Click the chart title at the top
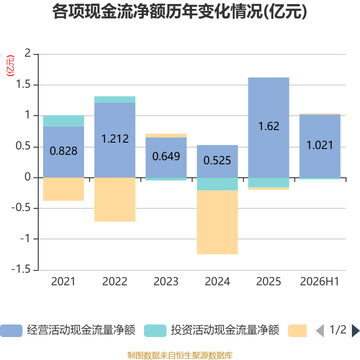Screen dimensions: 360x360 click(180, 12)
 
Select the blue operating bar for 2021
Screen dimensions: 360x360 click(63, 152)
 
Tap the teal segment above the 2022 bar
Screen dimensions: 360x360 click(115, 99)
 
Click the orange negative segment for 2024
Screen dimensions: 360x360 click(217, 222)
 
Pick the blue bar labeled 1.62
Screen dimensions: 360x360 click(269, 127)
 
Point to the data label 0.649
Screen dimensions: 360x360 click(166, 156)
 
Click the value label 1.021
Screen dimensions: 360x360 click(320, 145)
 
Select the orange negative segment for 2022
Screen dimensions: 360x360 click(115, 199)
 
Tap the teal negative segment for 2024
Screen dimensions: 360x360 click(217, 184)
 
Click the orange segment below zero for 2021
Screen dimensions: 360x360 click(63, 189)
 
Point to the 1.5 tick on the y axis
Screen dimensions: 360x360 click(23, 85)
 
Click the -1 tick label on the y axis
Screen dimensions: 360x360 click(26, 239)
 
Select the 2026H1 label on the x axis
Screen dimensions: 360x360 click(319, 282)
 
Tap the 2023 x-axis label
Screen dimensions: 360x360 click(166, 282)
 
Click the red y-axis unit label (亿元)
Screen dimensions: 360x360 click(10, 66)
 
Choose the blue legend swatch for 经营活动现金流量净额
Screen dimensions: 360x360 click(11, 331)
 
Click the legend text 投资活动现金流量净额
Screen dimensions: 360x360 click(225, 330)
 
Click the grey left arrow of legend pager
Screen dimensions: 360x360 click(320, 331)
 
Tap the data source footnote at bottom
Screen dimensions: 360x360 click(180, 355)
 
